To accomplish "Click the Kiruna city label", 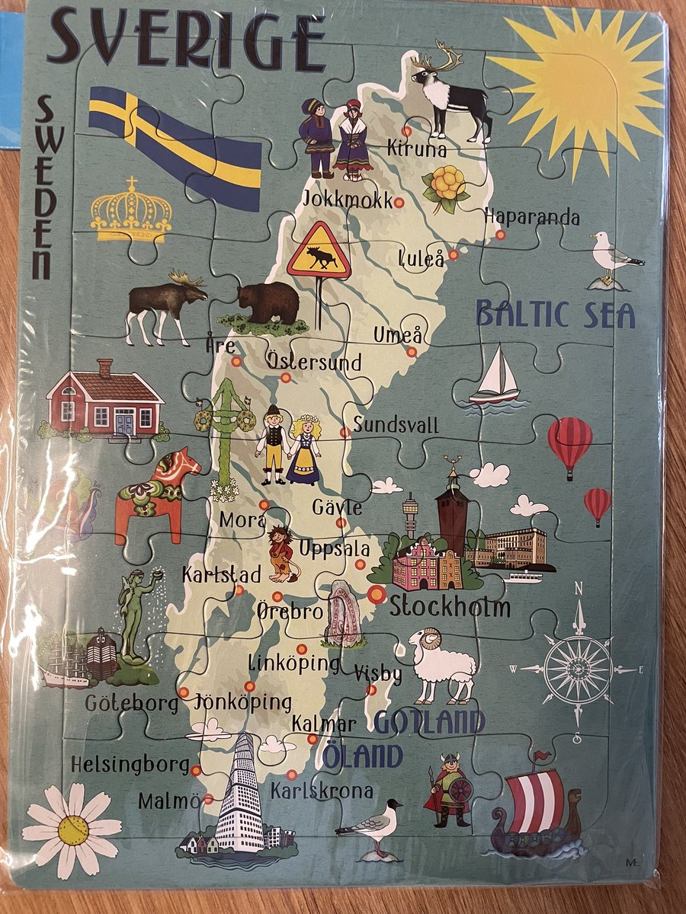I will (416, 149).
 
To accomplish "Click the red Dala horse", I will (156, 495).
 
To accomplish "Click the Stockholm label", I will (450, 607).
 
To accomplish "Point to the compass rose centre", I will (579, 669).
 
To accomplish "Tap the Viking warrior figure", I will (450, 792).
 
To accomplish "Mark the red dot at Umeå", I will (412, 352).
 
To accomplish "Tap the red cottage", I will (105, 400).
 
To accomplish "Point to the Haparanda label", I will (532, 217).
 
